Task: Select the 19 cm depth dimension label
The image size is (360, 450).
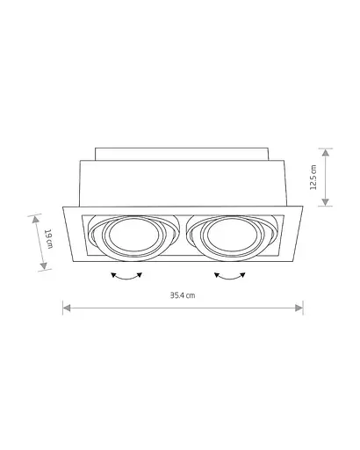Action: pyautogui.click(x=49, y=239)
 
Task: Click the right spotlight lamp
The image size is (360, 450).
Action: pyautogui.click(x=228, y=236)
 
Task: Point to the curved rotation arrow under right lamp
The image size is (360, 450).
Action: pyautogui.click(x=231, y=275)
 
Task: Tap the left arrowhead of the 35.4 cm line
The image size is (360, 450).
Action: pyautogui.click(x=65, y=307)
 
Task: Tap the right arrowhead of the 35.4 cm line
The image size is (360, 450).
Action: pyautogui.click(x=300, y=307)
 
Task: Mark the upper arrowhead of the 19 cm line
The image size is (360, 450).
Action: pyautogui.click(x=34, y=216)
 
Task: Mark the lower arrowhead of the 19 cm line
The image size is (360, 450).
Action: pyautogui.click(x=44, y=266)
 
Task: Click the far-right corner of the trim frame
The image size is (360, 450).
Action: pyautogui.click(x=304, y=207)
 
